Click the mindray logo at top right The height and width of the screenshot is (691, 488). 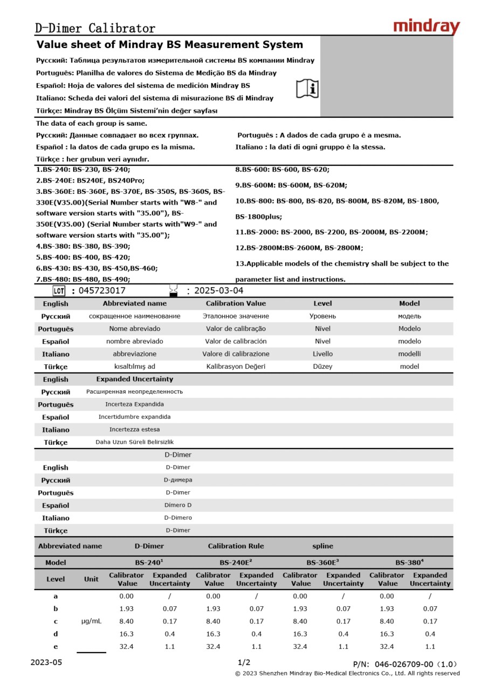pyautogui.click(x=426, y=26)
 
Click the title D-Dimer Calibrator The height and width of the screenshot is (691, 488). pyautogui.click(x=95, y=29)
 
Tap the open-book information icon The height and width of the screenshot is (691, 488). pyautogui.click(x=307, y=88)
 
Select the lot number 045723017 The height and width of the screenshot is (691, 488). pyautogui.click(x=102, y=290)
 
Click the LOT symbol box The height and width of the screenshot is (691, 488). pyautogui.click(x=59, y=290)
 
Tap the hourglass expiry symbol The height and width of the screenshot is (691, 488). pyautogui.click(x=173, y=290)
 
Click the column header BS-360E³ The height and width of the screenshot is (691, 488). pyautogui.click(x=322, y=563)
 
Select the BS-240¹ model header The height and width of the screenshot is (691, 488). pyautogui.click(x=149, y=563)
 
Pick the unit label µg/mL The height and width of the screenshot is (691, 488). pyautogui.click(x=91, y=621)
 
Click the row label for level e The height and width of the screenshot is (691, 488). pyautogui.click(x=56, y=646)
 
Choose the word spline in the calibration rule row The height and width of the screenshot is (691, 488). pyautogui.click(x=322, y=546)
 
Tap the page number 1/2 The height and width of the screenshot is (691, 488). pyautogui.click(x=244, y=662)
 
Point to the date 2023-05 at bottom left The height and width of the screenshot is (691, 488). pyautogui.click(x=46, y=662)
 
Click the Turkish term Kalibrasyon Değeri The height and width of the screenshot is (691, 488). pyautogui.click(x=236, y=367)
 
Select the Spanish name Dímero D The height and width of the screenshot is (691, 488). pyautogui.click(x=178, y=505)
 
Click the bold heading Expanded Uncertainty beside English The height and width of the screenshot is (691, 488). pyautogui.click(x=134, y=380)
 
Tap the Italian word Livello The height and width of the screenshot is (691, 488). pyautogui.click(x=322, y=354)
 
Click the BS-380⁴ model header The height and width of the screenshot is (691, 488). pyautogui.click(x=409, y=563)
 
